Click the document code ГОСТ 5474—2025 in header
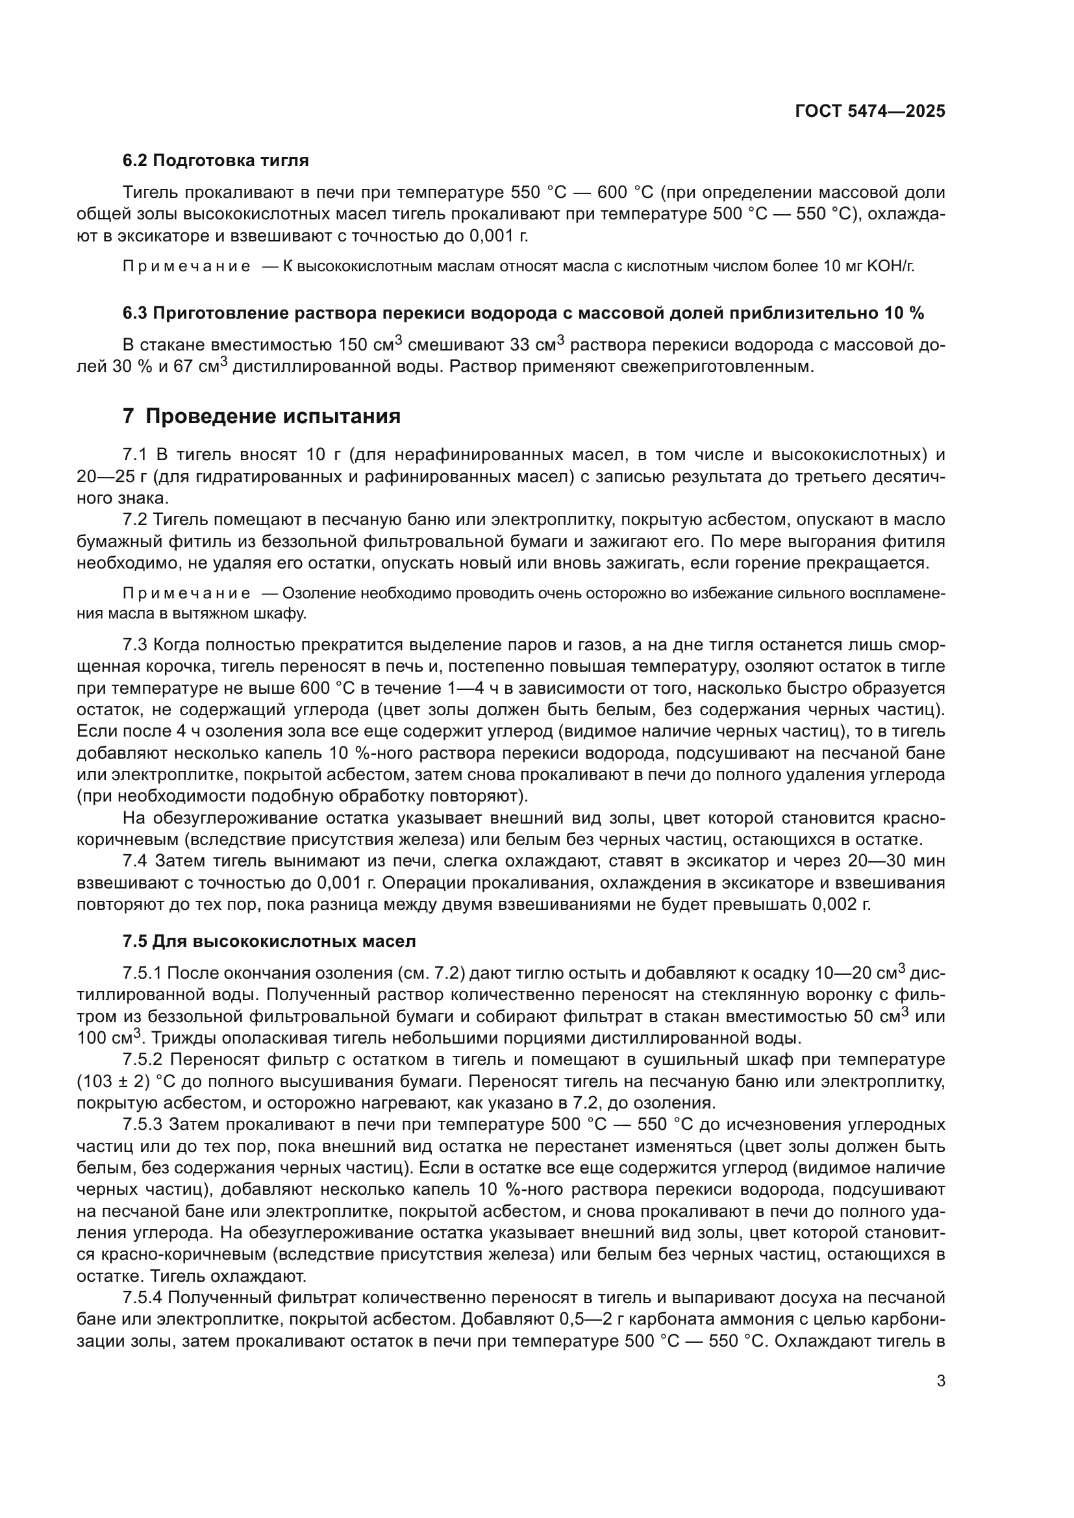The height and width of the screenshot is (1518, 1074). point(869,111)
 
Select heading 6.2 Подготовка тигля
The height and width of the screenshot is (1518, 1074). point(216,161)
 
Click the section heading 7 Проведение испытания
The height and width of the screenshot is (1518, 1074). point(262,417)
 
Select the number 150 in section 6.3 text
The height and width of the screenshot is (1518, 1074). point(354,345)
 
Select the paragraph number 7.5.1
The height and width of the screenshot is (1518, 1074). point(142,973)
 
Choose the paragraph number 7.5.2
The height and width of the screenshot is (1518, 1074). point(142,1060)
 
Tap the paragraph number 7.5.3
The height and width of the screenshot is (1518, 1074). point(142,1125)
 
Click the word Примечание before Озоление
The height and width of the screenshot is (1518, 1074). point(186,593)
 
